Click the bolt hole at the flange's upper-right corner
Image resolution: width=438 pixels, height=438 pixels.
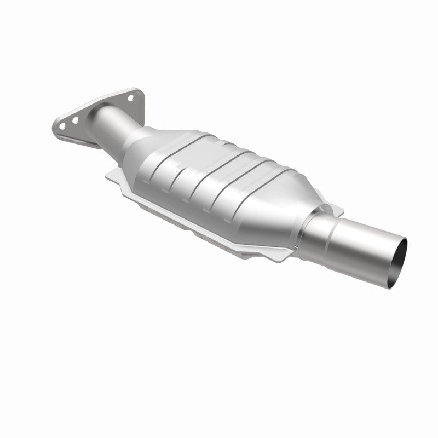click(x=131, y=99)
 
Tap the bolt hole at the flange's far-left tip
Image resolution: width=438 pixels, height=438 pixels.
click(x=62, y=125)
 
